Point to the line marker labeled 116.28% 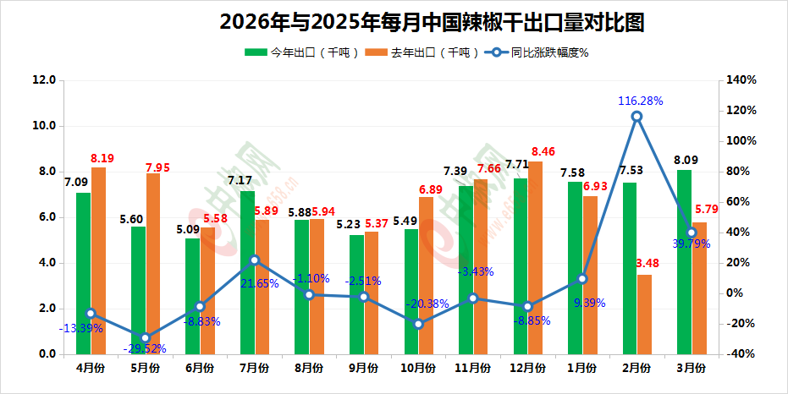pos(636,117)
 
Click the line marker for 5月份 pos(145,338)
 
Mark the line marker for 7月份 pos(255,260)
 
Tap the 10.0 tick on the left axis pos(43,126)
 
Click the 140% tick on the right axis pos(741,80)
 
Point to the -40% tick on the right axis pos(741,354)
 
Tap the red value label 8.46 pos(543,152)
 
